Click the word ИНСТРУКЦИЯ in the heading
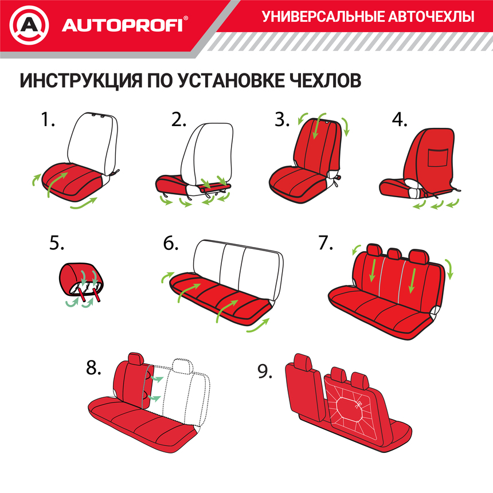[85, 80]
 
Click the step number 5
[57, 243]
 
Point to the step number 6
[171, 243]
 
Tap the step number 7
[325, 243]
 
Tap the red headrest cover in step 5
[83, 275]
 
